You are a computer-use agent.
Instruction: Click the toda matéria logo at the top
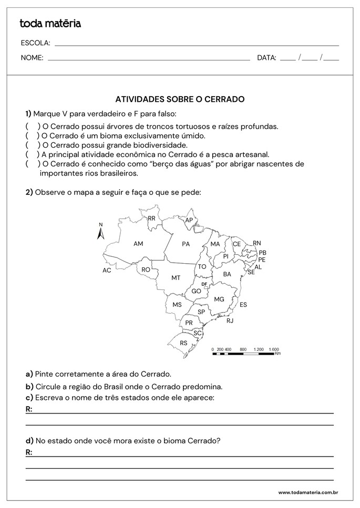[50, 23]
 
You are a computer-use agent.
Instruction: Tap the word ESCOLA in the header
[35, 43]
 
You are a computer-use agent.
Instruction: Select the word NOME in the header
[32, 58]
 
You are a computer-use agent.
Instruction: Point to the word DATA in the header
[266, 58]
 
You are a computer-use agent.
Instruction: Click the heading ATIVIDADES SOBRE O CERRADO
[180, 99]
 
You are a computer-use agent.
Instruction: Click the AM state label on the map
[138, 244]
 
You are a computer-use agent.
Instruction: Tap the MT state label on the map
[176, 277]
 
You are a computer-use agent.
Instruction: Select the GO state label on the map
[197, 291]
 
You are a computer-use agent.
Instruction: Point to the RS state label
[183, 343]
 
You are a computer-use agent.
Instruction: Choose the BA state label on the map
[227, 274]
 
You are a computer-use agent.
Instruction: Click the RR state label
[151, 218]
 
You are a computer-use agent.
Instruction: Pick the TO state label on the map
[202, 267]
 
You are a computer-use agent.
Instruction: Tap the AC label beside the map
[107, 271]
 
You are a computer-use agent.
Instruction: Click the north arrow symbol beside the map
[101, 232]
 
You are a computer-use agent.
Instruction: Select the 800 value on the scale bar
[243, 349]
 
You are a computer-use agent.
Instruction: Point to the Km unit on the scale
[277, 354]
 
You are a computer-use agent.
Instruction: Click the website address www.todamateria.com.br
[307, 492]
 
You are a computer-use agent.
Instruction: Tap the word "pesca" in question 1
[213, 154]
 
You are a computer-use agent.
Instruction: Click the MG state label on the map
[219, 299]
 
